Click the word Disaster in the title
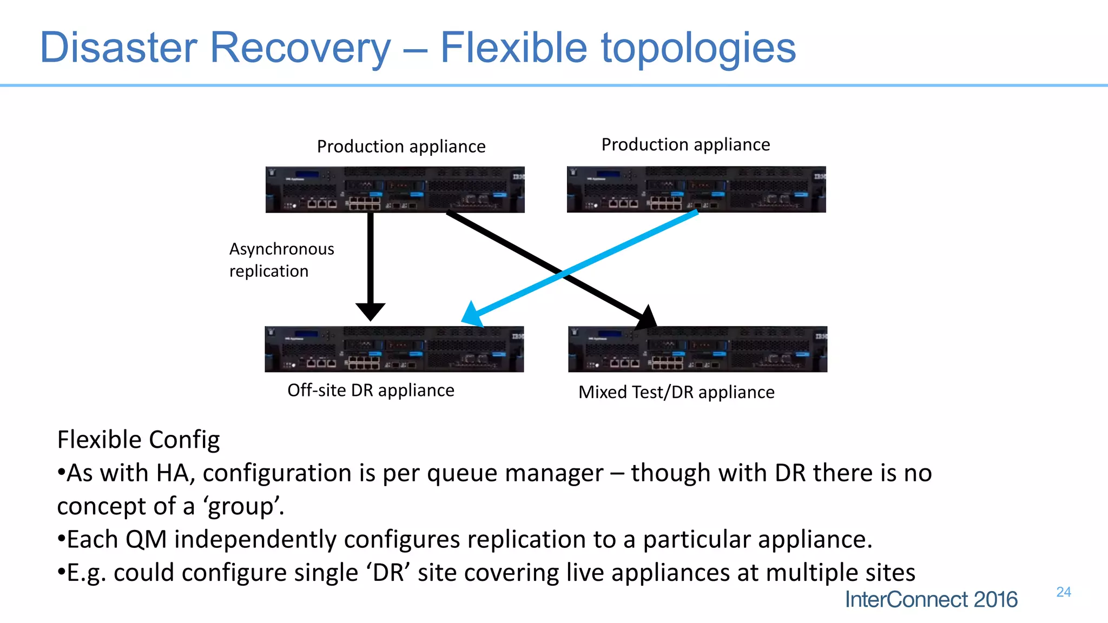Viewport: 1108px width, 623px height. [117, 48]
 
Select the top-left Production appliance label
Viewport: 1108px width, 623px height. [401, 147]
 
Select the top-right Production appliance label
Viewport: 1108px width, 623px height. [685, 145]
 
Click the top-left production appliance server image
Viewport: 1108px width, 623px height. [395, 189]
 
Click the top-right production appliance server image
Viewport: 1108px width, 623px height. [696, 189]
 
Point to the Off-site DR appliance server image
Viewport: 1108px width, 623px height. [394, 349]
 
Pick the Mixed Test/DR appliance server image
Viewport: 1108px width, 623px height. [697, 349]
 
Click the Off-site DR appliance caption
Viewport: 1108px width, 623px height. [371, 390]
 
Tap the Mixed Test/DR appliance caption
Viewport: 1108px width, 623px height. [676, 393]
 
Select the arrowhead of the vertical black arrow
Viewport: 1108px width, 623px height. [371, 311]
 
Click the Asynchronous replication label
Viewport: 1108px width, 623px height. [281, 260]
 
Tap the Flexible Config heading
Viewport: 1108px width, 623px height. [138, 440]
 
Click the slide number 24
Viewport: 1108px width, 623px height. [1063, 592]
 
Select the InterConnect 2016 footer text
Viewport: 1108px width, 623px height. [931, 600]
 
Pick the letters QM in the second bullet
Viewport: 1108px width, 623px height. [146, 540]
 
